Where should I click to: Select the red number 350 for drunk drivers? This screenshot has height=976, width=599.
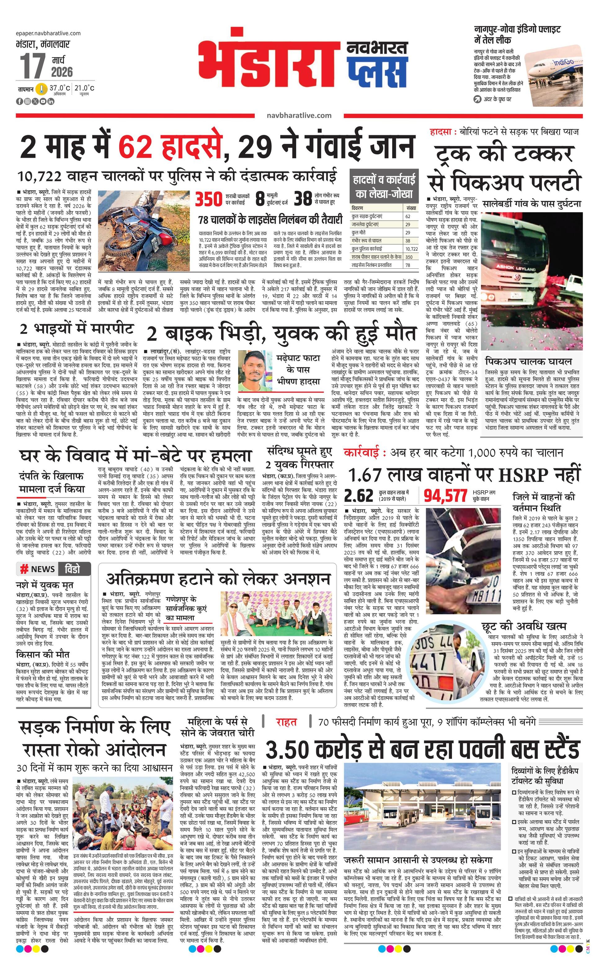209,199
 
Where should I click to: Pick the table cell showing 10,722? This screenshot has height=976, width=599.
411,249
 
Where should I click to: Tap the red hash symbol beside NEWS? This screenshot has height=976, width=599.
24,569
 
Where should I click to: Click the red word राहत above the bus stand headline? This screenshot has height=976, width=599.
286,722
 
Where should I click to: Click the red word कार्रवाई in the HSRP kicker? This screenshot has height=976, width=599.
365,453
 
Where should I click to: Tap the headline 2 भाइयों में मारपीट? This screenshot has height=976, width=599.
77,329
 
